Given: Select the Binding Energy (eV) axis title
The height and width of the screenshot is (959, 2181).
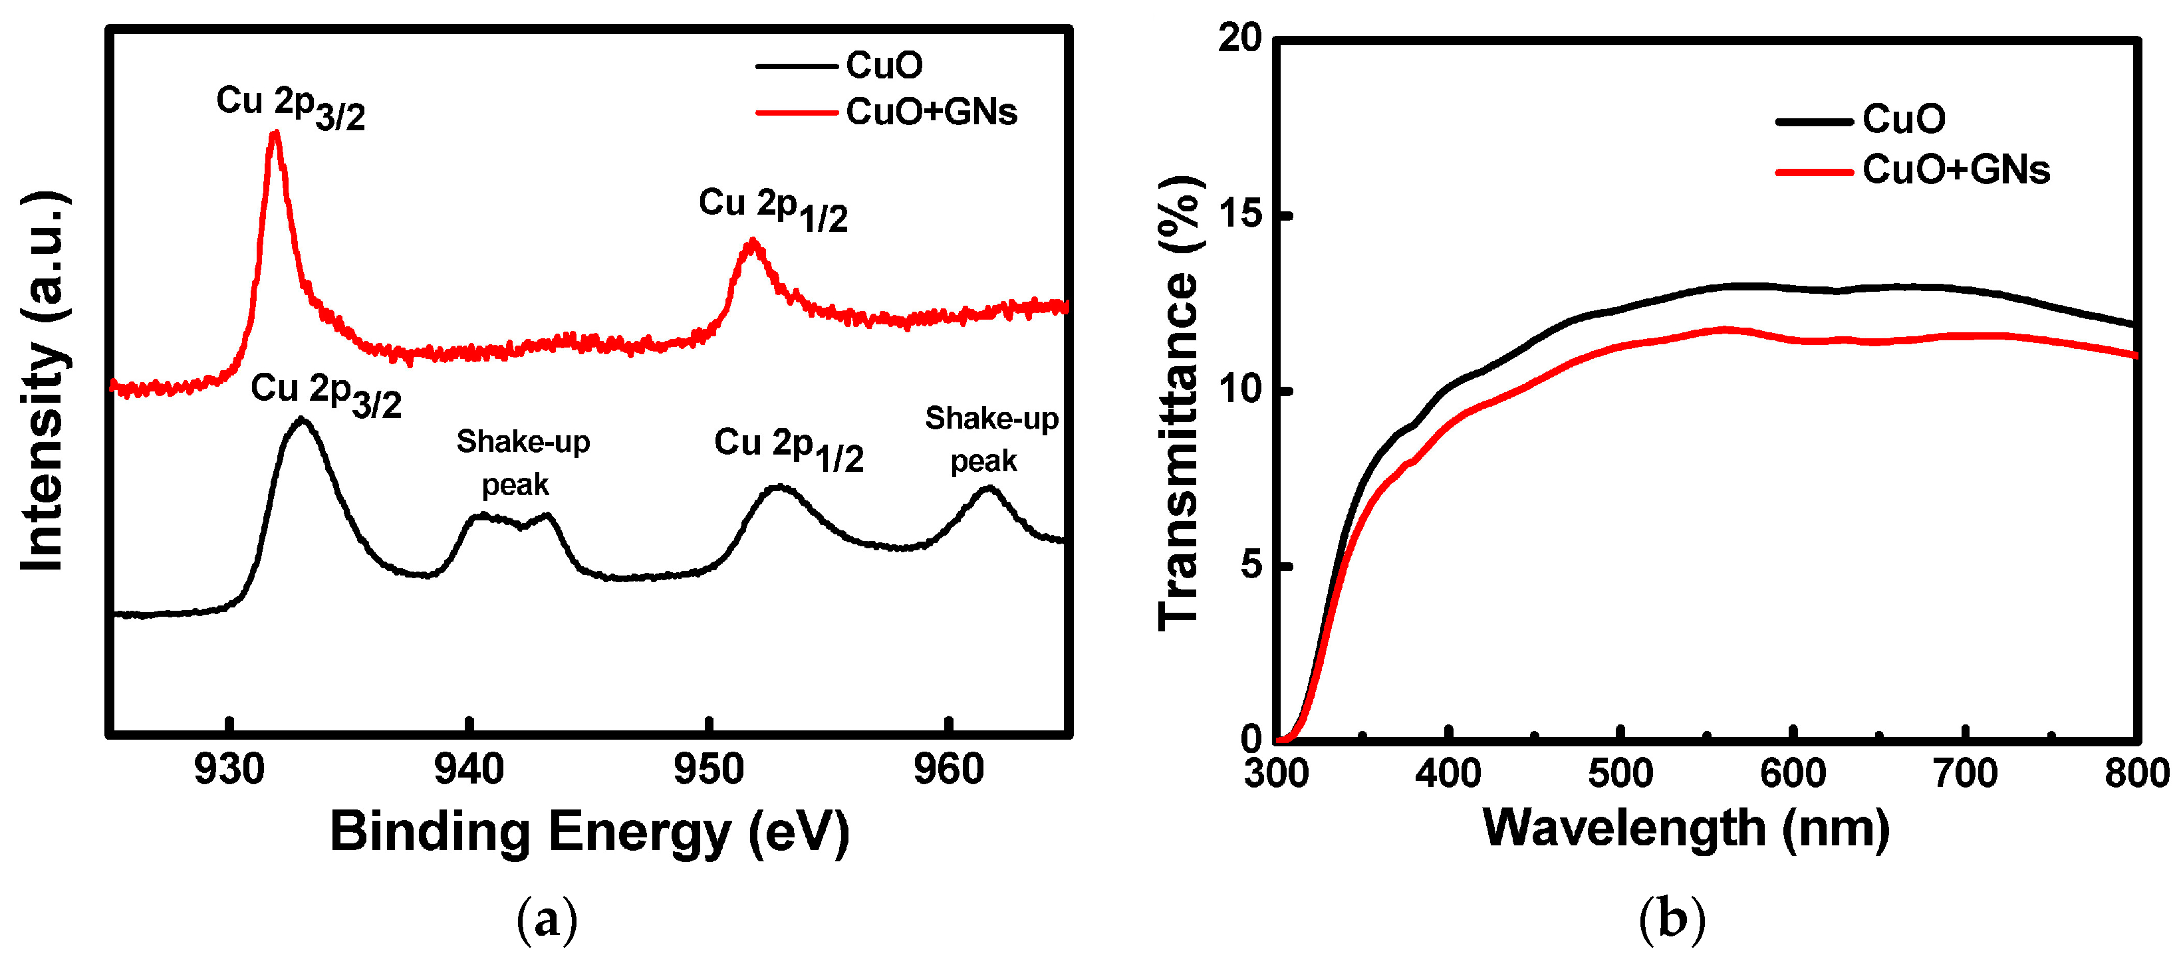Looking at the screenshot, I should point(589,832).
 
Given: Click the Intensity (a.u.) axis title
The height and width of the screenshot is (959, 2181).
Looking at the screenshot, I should point(44,381).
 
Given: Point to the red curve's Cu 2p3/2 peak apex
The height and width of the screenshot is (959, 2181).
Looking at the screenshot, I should point(275,134).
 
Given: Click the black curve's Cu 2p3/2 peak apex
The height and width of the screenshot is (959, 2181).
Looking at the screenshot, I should point(301,420).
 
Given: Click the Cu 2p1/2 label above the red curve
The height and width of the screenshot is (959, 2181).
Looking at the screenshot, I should point(772,208).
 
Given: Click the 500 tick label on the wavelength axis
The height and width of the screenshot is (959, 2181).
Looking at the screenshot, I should point(1620,773).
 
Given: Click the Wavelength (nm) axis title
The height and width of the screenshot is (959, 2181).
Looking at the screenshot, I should point(1686,829).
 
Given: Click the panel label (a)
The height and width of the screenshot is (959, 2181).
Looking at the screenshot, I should point(547,918).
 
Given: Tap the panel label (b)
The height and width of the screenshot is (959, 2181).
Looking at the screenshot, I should point(1671,918).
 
